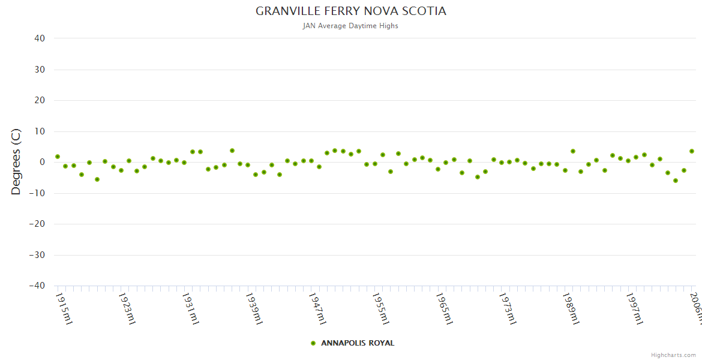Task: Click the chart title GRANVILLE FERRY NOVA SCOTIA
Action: click(351, 11)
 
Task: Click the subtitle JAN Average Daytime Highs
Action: click(351, 26)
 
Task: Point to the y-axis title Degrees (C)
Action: click(16, 162)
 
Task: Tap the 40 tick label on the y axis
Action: click(40, 38)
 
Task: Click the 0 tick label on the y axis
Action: click(42, 162)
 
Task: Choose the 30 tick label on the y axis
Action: click(40, 70)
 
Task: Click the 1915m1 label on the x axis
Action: click(64, 308)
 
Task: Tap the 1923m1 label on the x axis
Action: click(127, 308)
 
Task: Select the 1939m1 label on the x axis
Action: click(254, 308)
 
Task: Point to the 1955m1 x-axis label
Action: click(382, 308)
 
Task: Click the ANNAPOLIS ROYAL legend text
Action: click(358, 343)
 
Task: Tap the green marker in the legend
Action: click(313, 343)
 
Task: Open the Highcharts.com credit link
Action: click(673, 355)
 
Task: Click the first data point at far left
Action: click(58, 157)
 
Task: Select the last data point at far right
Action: click(691, 151)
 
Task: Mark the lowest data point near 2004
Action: click(676, 181)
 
